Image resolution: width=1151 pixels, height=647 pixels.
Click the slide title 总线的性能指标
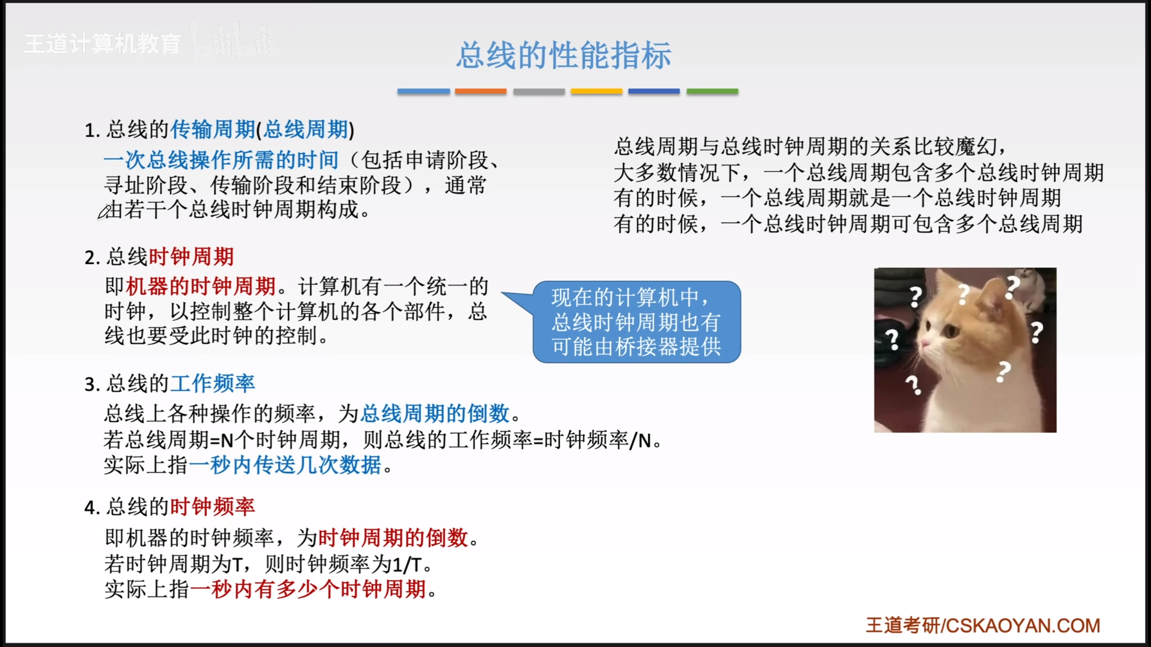(x=564, y=55)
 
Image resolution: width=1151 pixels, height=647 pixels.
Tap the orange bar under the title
(x=481, y=91)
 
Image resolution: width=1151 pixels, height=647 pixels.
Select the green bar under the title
(x=712, y=91)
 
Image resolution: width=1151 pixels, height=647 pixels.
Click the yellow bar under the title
(x=597, y=91)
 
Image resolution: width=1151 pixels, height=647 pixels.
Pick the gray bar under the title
(x=539, y=91)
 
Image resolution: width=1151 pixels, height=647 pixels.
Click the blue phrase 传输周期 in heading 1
(x=213, y=129)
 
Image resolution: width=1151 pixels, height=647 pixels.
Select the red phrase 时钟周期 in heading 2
(x=191, y=257)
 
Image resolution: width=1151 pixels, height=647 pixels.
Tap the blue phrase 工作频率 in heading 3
(x=213, y=384)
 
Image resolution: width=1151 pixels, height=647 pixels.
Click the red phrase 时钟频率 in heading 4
(x=213, y=507)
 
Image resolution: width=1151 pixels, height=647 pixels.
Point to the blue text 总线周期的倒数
(x=435, y=413)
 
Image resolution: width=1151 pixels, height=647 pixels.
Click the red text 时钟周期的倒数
(x=393, y=537)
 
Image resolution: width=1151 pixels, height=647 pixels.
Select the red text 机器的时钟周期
(x=201, y=286)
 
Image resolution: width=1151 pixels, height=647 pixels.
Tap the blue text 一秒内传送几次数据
(x=285, y=465)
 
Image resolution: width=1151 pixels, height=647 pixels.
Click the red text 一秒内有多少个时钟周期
(x=308, y=589)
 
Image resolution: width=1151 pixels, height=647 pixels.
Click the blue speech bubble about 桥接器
(x=637, y=322)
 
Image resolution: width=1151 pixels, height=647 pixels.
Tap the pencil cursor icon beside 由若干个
(x=104, y=212)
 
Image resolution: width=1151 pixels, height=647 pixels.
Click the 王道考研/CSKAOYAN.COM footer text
(x=983, y=625)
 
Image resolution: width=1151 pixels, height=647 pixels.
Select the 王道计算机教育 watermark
(x=103, y=44)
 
